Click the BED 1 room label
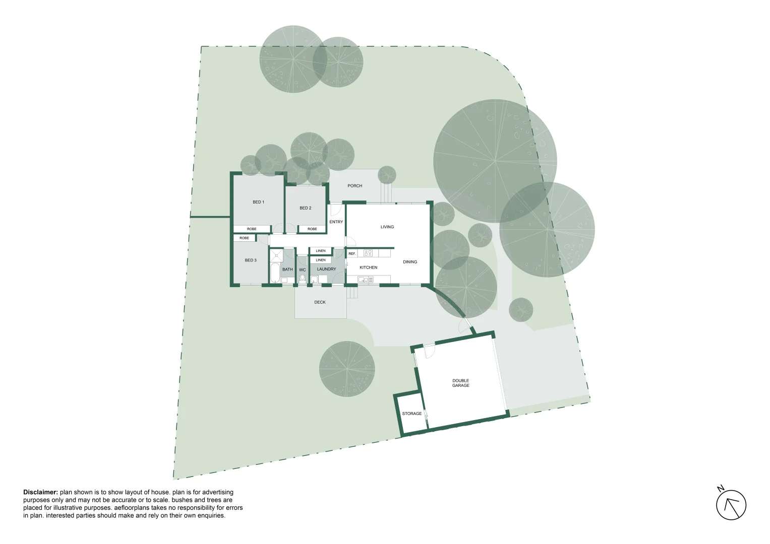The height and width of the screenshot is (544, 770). [258, 202]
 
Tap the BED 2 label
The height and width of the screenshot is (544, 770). [305, 208]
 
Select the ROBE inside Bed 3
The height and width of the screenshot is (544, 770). [244, 238]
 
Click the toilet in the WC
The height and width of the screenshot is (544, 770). [302, 278]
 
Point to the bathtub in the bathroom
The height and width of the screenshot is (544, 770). [275, 273]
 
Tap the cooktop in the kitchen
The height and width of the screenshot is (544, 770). [368, 253]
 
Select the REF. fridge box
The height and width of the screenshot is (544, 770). [352, 253]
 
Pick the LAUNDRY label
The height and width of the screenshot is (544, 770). [326, 269]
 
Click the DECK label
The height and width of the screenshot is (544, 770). [320, 302]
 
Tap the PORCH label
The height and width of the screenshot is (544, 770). [354, 186]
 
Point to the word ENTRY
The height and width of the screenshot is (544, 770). [336, 222]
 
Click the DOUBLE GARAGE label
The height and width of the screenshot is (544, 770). [460, 383]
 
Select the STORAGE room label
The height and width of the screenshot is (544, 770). [411, 414]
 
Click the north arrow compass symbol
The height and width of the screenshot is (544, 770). [731, 504]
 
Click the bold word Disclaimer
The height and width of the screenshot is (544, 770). [40, 492]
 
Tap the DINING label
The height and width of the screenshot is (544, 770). [410, 262]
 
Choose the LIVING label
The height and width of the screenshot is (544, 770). [387, 227]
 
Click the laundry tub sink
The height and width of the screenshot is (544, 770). [314, 279]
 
